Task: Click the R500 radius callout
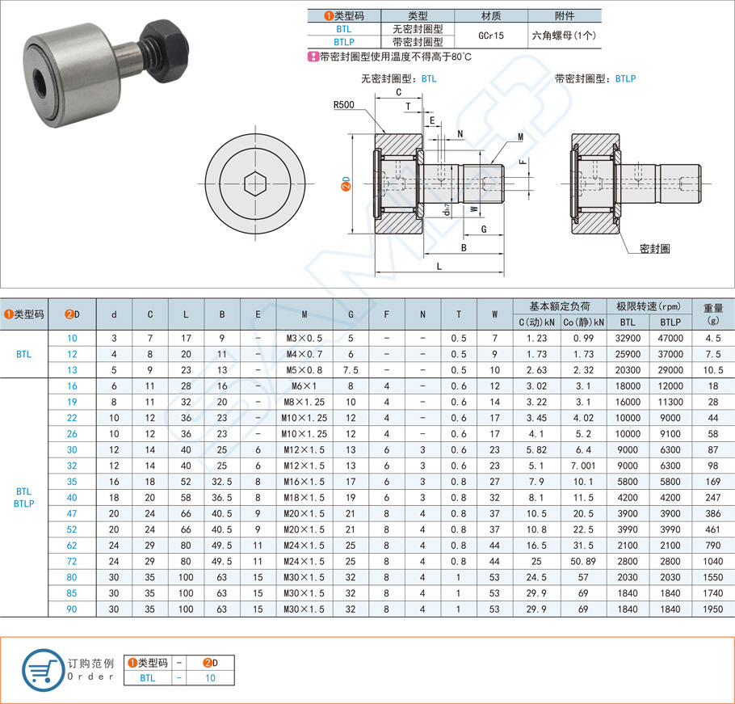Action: tap(345, 104)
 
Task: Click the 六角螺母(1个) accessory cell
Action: tap(565, 36)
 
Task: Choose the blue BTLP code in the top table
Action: tap(344, 42)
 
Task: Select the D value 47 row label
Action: tap(72, 513)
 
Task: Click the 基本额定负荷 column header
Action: tap(559, 307)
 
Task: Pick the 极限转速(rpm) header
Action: tap(649, 307)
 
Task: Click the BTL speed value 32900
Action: tap(628, 337)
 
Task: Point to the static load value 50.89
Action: tap(582, 560)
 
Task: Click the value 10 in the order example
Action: tap(210, 678)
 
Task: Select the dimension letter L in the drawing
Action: tap(438, 266)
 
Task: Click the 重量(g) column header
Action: tap(713, 314)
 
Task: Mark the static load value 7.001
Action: tap(582, 466)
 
